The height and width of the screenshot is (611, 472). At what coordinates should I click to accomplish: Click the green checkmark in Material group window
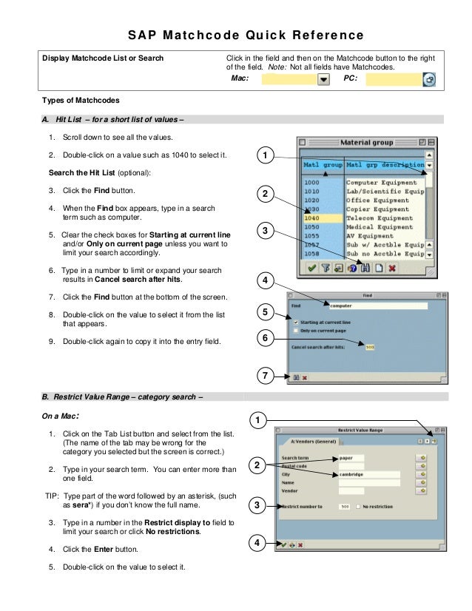[311, 269]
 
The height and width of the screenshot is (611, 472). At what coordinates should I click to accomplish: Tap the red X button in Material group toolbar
[392, 269]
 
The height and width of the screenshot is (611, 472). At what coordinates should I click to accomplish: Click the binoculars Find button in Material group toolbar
[365, 269]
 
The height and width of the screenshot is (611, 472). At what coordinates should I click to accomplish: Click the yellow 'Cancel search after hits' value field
[369, 346]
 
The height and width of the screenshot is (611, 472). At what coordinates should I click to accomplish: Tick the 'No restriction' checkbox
[359, 507]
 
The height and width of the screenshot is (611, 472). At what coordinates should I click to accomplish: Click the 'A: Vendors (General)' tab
[307, 442]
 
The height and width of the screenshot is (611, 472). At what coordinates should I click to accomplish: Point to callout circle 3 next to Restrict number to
[256, 506]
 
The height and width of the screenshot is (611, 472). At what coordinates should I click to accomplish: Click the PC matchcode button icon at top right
[430, 79]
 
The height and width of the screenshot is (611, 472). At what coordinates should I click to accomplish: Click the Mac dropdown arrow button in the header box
[323, 79]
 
